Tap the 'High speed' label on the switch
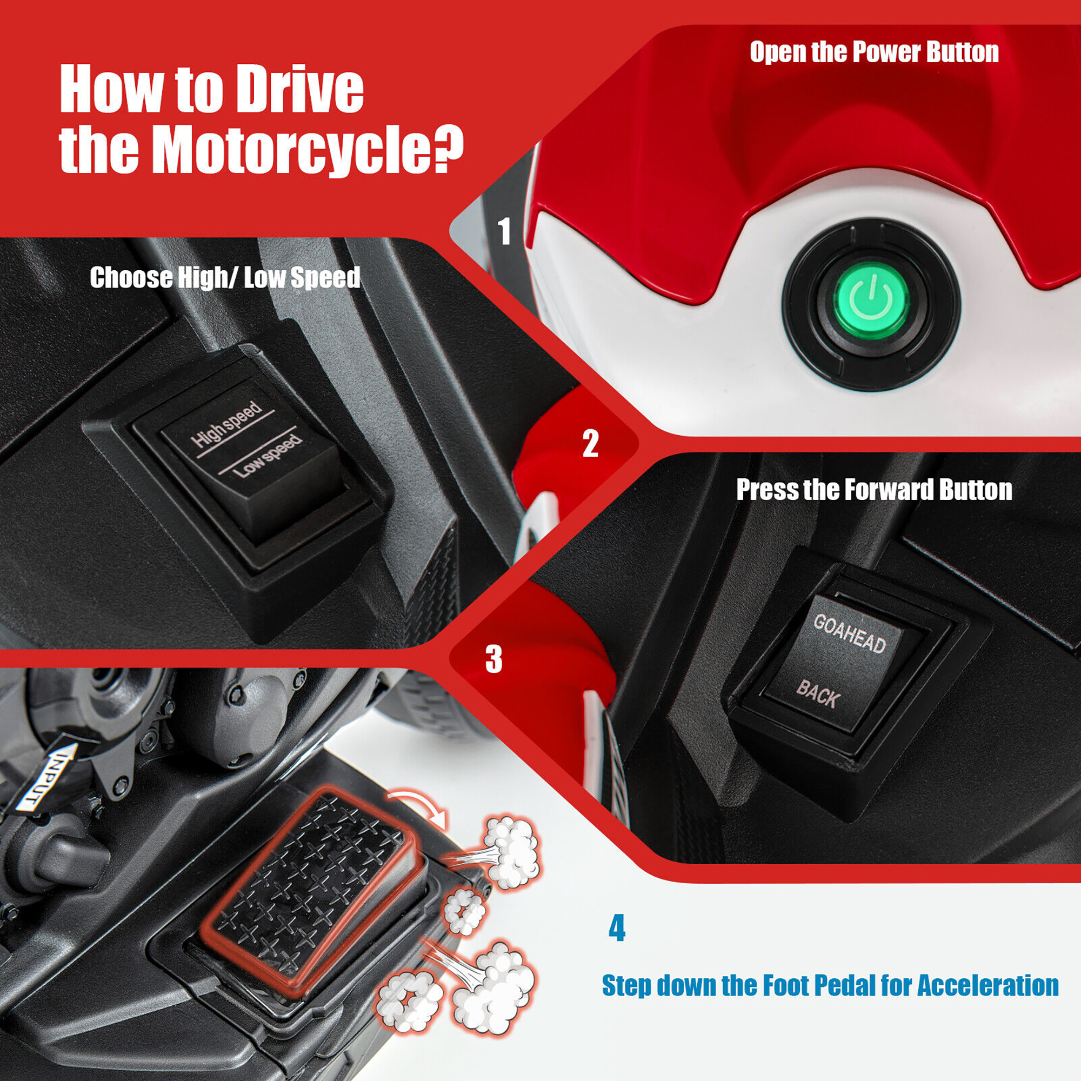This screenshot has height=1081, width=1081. [226, 425]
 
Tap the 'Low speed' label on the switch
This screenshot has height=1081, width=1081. [268, 456]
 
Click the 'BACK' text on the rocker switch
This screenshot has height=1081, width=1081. [818, 694]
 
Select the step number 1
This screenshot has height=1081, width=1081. [505, 231]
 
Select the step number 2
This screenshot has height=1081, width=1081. [590, 444]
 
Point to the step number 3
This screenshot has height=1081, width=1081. [493, 658]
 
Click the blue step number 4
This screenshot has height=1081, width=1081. [617, 928]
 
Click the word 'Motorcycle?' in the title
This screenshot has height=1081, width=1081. [308, 150]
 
